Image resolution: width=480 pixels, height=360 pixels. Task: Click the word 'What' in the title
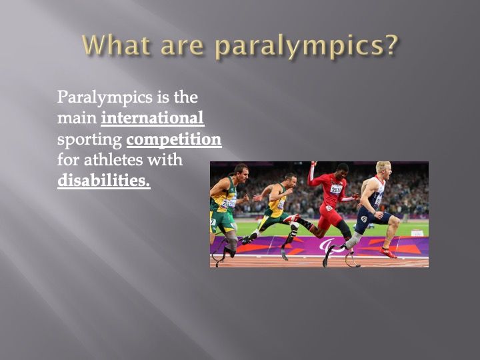click(x=116, y=45)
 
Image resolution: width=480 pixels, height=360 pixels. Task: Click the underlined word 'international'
click(x=153, y=118)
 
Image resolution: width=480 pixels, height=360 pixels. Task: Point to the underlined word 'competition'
click(x=174, y=140)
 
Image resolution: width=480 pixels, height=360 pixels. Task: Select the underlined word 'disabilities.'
click(x=104, y=180)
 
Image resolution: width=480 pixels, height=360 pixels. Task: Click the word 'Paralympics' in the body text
click(x=105, y=98)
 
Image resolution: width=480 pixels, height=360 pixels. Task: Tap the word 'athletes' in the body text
click(x=113, y=159)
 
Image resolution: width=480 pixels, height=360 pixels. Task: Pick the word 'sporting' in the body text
click(x=89, y=141)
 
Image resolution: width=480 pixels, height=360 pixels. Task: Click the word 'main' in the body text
click(x=77, y=118)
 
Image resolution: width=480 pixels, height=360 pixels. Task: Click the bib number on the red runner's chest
click(x=336, y=190)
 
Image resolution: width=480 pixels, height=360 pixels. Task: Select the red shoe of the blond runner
click(x=389, y=253)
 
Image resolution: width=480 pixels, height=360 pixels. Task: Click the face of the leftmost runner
click(x=243, y=174)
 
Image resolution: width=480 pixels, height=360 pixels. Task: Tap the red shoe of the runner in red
click(x=291, y=218)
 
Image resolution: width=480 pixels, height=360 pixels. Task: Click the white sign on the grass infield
click(x=417, y=233)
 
